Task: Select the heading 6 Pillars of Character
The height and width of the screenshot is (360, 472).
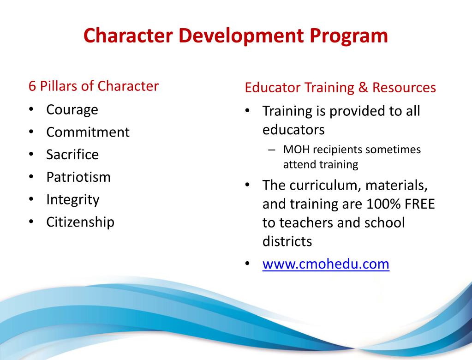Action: [x=94, y=86]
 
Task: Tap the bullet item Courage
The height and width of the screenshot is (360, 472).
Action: [x=72, y=110]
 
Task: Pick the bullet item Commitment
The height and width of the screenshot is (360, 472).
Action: [x=88, y=132]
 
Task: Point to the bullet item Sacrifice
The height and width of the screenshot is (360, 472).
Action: [x=72, y=155]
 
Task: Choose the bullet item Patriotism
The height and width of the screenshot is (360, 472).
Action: [x=78, y=177]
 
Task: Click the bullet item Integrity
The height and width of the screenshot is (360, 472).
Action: [x=73, y=200]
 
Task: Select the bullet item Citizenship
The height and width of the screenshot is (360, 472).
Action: [x=80, y=222]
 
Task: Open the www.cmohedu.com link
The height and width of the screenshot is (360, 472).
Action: [x=326, y=264]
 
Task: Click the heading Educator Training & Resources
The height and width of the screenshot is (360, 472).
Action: [x=340, y=88]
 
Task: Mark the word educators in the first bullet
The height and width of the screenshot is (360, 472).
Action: [x=293, y=130]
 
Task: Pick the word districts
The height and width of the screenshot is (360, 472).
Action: [x=287, y=241]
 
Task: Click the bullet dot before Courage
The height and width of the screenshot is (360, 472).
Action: [x=30, y=110]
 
